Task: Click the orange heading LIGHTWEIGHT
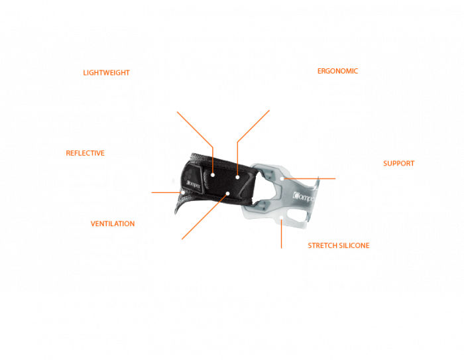pos(107,72)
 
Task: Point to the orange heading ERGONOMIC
pos(337,70)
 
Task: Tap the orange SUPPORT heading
pos(398,163)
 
